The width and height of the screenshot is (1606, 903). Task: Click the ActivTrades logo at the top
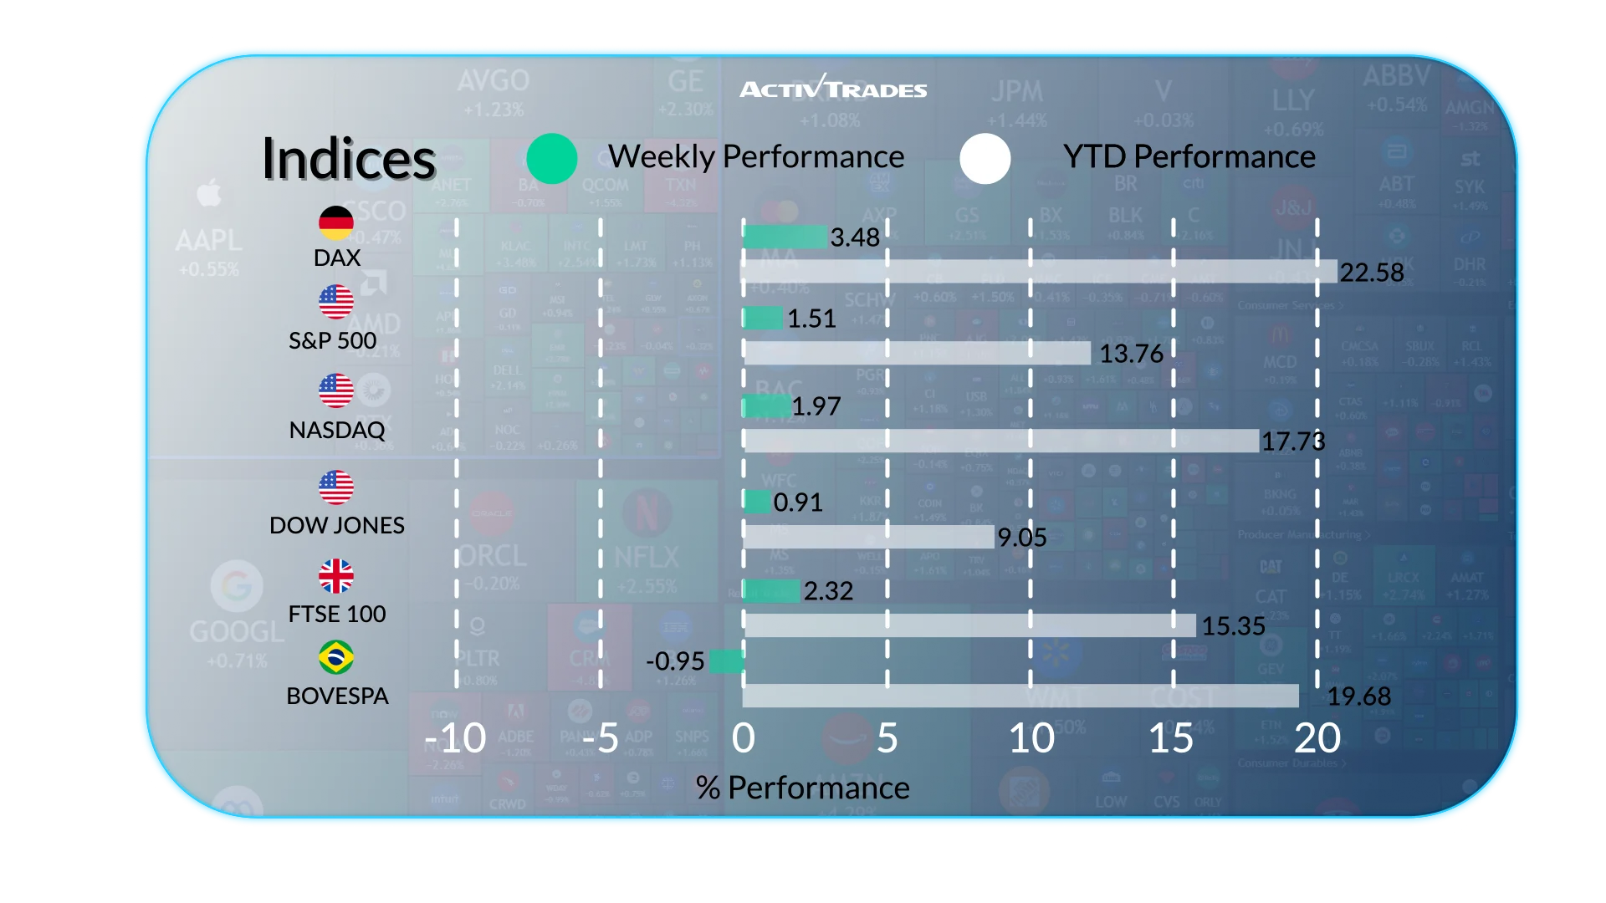[x=833, y=88]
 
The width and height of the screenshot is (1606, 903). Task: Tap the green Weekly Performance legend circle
[x=552, y=158]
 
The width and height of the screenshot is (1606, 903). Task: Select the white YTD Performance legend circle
[x=985, y=158]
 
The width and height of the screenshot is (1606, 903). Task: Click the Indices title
[x=349, y=158]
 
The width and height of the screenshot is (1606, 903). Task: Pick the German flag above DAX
[x=336, y=222]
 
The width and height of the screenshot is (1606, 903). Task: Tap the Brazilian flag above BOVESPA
[x=336, y=657]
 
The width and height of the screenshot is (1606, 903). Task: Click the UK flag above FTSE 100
[x=336, y=576]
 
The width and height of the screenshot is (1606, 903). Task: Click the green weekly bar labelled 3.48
[x=785, y=237]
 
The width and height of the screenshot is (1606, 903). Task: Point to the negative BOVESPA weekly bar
[x=726, y=661]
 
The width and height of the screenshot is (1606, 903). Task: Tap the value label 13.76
[x=1131, y=354]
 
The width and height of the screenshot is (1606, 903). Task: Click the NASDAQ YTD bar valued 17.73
[x=1000, y=441]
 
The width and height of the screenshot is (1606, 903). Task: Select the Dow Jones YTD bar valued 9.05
[x=868, y=537]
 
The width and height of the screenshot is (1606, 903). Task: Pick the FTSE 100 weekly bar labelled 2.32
[x=770, y=590]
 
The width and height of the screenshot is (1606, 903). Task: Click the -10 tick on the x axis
[x=456, y=738]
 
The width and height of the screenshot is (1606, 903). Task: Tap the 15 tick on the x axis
[x=1171, y=738]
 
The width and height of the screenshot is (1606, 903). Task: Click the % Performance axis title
[x=802, y=788]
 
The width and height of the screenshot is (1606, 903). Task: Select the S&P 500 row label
[x=333, y=341]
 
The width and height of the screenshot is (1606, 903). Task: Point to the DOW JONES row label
[x=337, y=525]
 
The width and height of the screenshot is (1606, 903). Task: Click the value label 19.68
[x=1359, y=696]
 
